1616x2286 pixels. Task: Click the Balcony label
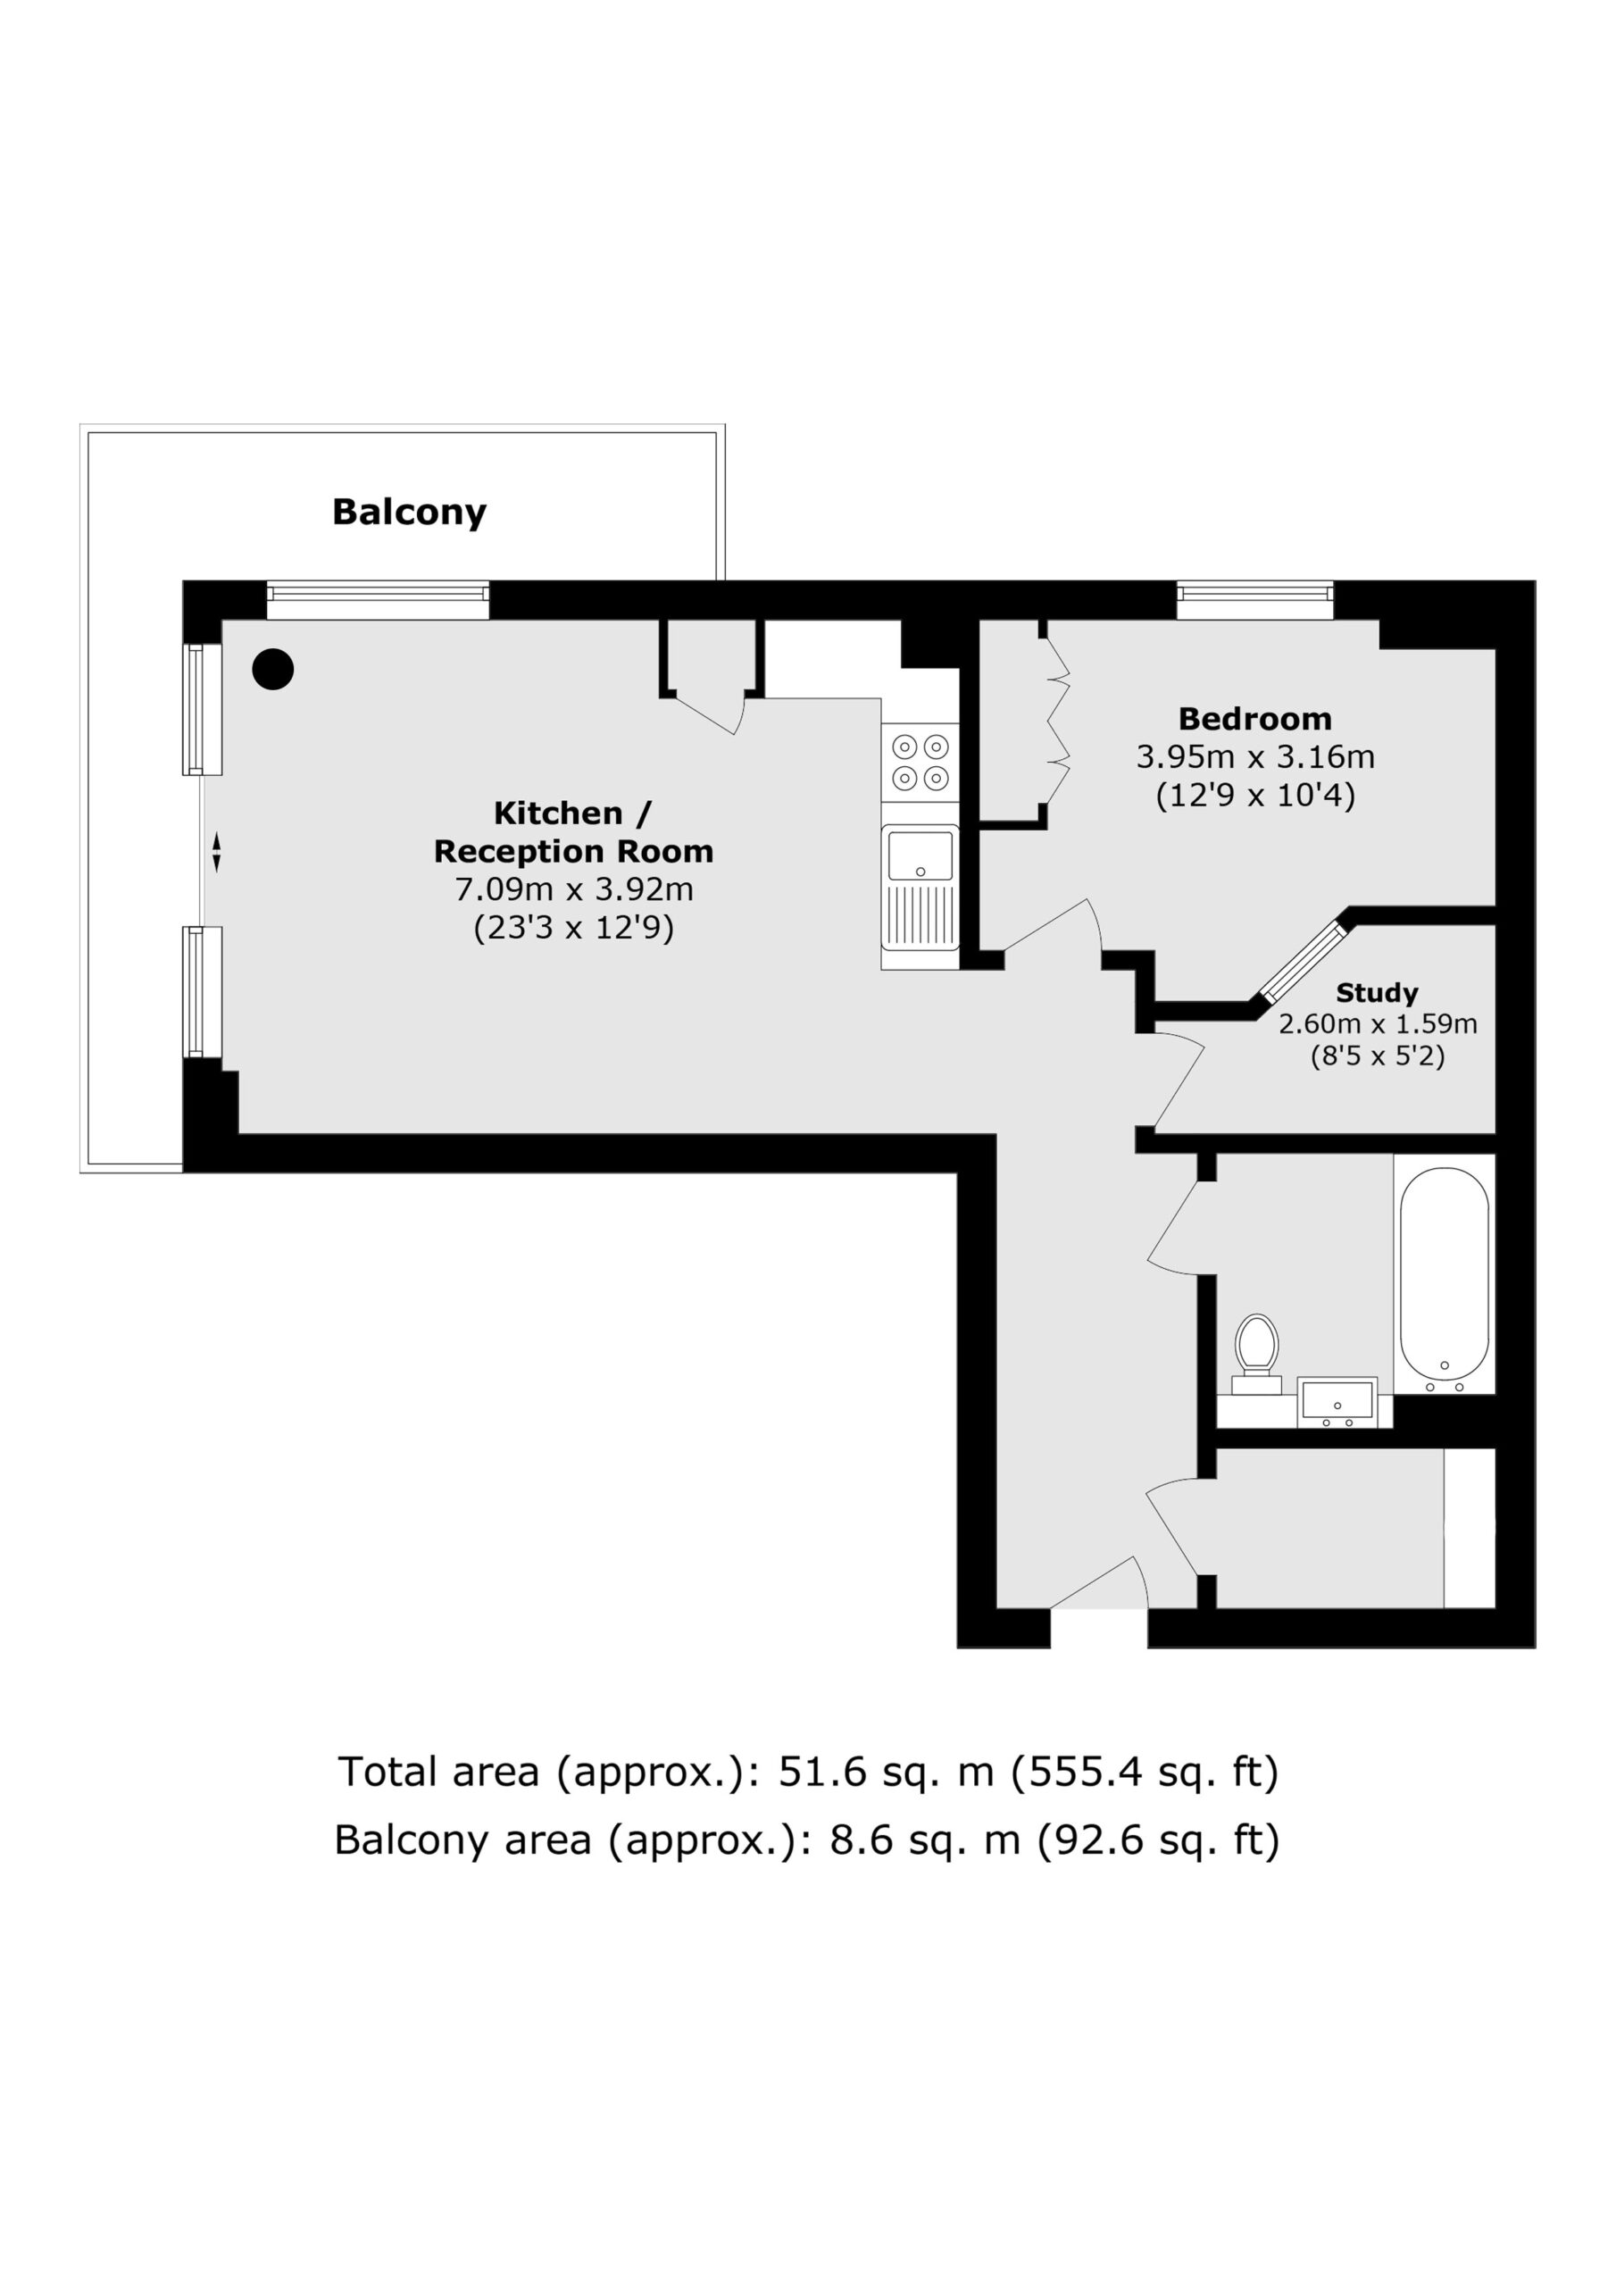tap(409, 512)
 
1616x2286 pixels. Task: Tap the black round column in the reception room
tap(273, 669)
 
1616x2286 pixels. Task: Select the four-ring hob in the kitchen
tap(920, 762)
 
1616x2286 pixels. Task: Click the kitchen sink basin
tap(920, 856)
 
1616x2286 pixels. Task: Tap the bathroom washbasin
tap(1337, 1403)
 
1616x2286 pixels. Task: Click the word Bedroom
tap(1254, 718)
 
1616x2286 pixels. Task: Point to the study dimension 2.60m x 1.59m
tap(1378, 1023)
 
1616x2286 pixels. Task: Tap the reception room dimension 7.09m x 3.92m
tap(573, 889)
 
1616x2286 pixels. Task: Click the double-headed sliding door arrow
tap(216, 854)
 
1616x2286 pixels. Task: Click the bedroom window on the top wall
tap(1254, 594)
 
